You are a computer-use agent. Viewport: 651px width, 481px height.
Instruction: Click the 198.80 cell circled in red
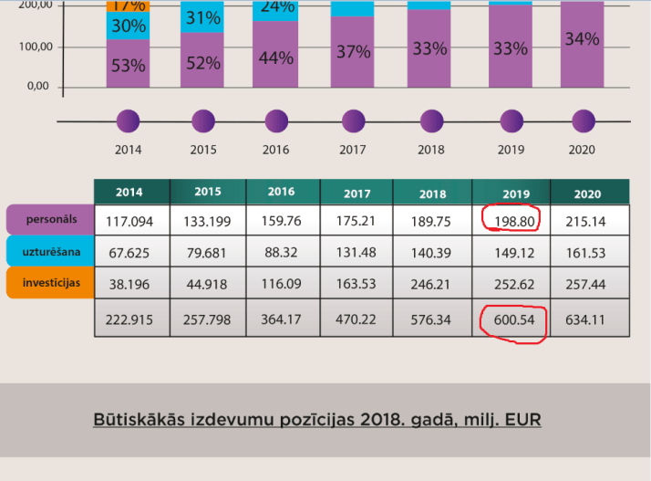[x=511, y=219]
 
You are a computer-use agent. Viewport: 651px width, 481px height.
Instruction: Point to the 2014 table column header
[x=131, y=193]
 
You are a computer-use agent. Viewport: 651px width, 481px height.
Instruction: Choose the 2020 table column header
[x=589, y=193]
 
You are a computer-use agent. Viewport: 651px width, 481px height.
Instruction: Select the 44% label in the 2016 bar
[x=275, y=58]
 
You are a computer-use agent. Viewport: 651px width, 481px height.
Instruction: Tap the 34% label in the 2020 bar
[x=582, y=39]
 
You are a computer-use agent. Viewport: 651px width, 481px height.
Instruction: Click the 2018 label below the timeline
[x=431, y=150]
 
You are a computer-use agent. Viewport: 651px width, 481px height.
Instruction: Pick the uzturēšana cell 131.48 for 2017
[x=356, y=251]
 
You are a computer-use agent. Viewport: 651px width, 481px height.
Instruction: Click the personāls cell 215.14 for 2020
[x=589, y=219]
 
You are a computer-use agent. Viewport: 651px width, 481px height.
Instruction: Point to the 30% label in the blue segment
[x=128, y=26]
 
